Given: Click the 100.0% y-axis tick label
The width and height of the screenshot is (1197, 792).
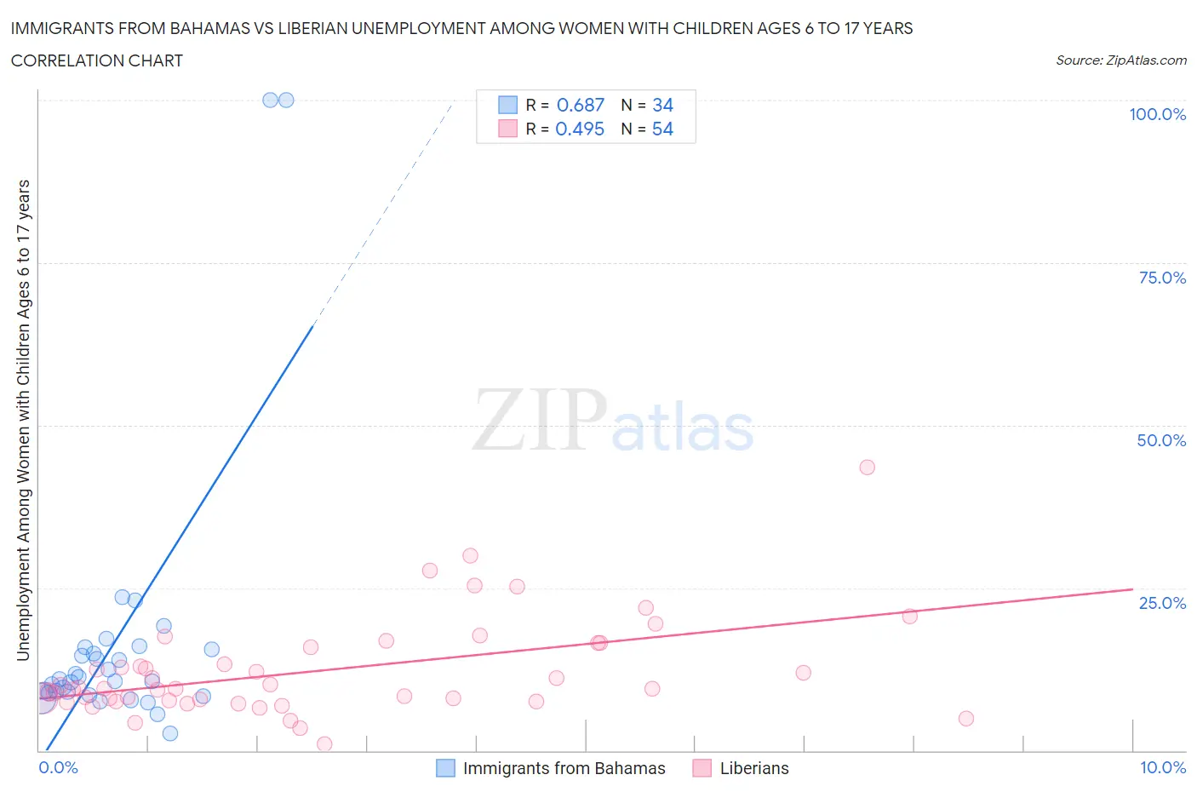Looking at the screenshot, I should pyautogui.click(x=1157, y=115).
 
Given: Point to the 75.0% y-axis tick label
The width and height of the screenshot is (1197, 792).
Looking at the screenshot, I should pyautogui.click(x=1161, y=278).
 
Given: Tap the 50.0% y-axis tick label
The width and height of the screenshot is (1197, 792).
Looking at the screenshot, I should pyautogui.click(x=1161, y=440).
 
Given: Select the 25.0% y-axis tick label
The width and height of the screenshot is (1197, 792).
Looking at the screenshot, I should pyautogui.click(x=1161, y=603).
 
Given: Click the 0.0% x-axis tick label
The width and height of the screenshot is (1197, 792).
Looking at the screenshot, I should pyautogui.click(x=58, y=767).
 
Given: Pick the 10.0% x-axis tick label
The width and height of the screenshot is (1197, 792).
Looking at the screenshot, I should pyautogui.click(x=1162, y=767).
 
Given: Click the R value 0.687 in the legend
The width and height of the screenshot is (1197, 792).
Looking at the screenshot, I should pyautogui.click(x=580, y=105).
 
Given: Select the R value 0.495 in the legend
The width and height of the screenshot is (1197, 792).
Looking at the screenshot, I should pyautogui.click(x=580, y=129).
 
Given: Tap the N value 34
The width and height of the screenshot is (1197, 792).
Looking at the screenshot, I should pyautogui.click(x=662, y=105).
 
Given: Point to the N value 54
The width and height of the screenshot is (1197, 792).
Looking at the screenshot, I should pyautogui.click(x=662, y=129).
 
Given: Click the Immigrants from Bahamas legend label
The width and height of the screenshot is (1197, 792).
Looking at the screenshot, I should pyautogui.click(x=564, y=768).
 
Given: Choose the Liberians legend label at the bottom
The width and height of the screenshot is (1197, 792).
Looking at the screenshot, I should pyautogui.click(x=753, y=768).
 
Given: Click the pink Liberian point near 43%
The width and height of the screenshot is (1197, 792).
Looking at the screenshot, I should pyautogui.click(x=867, y=467).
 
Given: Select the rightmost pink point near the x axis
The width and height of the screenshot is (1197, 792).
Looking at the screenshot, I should pyautogui.click(x=965, y=718).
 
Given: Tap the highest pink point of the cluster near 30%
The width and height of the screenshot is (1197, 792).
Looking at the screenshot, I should pyautogui.click(x=470, y=555).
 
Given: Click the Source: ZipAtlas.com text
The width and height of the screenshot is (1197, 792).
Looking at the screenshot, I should pyautogui.click(x=1120, y=60).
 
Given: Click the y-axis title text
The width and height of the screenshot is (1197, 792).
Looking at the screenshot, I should pyautogui.click(x=23, y=420).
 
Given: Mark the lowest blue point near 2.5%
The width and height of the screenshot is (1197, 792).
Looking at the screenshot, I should pyautogui.click(x=170, y=733).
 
